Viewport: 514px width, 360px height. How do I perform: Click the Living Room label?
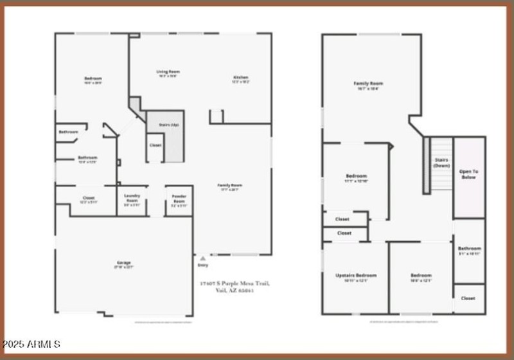(x=168, y=71)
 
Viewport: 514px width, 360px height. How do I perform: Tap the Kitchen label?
(x=240, y=78)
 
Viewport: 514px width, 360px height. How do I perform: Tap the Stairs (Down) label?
(x=441, y=162)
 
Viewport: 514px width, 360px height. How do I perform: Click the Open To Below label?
(x=469, y=174)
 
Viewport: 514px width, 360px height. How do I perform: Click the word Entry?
(x=203, y=265)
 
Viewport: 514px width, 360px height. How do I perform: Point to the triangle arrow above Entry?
(x=203, y=258)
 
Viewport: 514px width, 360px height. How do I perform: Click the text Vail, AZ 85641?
(x=235, y=290)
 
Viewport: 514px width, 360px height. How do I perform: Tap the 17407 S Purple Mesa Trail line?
(x=235, y=283)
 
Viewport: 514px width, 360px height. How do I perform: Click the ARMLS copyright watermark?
(x=30, y=345)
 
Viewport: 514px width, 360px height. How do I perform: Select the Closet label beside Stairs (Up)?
(x=155, y=145)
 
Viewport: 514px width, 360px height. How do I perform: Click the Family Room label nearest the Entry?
(x=230, y=185)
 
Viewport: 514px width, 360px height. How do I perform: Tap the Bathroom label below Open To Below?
(x=469, y=248)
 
